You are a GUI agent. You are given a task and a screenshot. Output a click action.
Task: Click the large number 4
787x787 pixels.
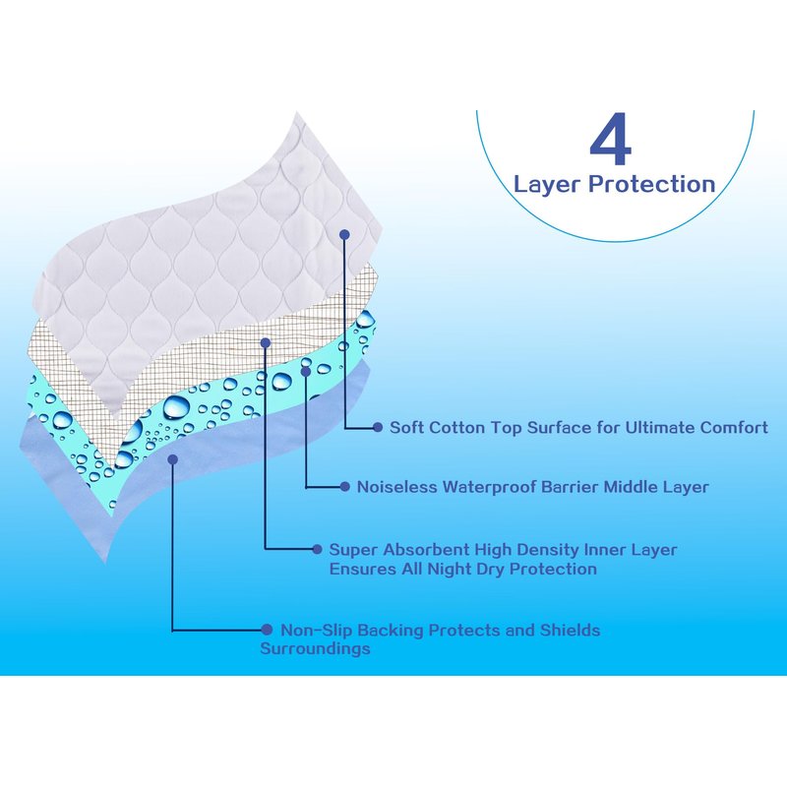pos(610,139)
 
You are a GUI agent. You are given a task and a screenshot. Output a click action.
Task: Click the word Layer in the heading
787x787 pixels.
pos(547,185)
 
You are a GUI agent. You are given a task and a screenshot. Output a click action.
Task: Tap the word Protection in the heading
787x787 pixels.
pos(652,184)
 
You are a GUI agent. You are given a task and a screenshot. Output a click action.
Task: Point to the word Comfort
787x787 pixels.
pos(734,428)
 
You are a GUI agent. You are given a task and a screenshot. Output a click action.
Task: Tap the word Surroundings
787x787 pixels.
pos(315,648)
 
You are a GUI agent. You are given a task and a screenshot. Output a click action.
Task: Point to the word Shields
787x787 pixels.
pos(570,630)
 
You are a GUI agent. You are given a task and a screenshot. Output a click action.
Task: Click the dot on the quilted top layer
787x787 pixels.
pos(343,234)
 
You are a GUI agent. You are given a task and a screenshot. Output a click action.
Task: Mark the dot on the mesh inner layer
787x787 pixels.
pos(266,342)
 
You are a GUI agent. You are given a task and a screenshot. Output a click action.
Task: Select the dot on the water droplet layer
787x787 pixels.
pos(306,371)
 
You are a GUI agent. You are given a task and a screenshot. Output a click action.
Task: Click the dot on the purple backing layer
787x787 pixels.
pos(173,458)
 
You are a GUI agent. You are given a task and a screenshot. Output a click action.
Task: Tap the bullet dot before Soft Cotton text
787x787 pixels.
pos(378,428)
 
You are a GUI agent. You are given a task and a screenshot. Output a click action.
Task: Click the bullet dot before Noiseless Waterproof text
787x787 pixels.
pos(345,487)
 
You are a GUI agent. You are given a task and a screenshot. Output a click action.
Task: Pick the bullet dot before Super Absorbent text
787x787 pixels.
pos(317,550)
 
